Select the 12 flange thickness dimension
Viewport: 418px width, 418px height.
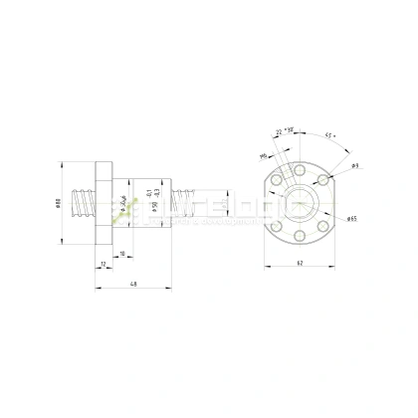pos(104,264)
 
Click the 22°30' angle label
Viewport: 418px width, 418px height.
pos(292,130)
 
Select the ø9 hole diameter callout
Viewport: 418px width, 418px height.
pos(353,166)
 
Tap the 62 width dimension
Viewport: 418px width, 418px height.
pos(300,263)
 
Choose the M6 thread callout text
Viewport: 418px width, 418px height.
pos(264,156)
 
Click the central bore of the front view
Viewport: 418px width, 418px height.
pos(299,198)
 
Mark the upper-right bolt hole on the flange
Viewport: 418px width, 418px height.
pos(324,180)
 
